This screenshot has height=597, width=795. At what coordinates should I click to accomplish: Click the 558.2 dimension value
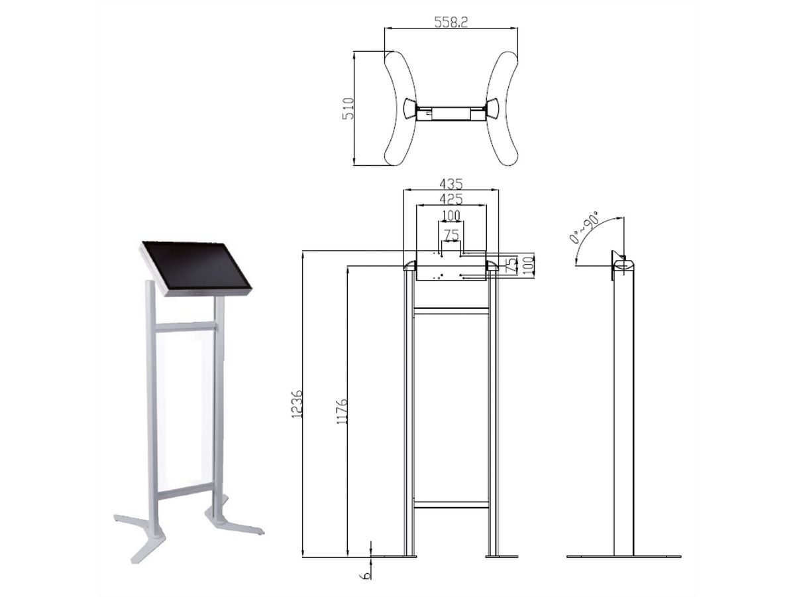450,22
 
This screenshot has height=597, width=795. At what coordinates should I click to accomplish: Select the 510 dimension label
348,108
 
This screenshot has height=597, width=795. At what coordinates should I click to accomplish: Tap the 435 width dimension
451,184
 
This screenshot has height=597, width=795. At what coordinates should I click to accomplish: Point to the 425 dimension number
451,199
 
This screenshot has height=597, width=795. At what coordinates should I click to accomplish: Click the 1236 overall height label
297,404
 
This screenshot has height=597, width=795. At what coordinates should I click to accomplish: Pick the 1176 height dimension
342,411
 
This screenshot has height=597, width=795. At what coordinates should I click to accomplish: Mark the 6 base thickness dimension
366,575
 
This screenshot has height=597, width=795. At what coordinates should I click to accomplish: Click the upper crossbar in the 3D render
185,327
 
